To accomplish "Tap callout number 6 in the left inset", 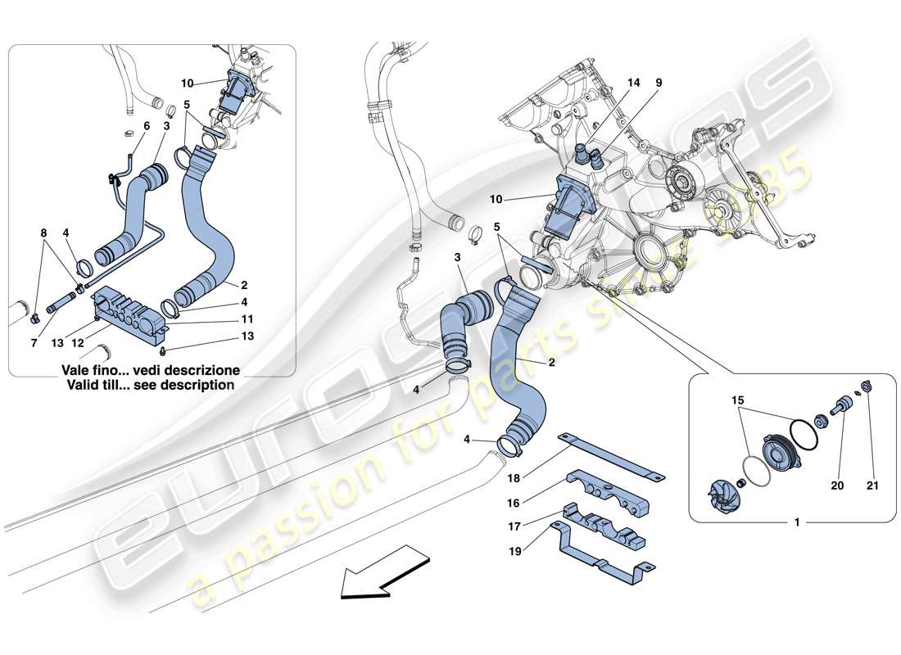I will pos(146,126).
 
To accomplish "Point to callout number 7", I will pos(34,344).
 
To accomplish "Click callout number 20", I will pos(837,486).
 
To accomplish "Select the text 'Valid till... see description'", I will pos(152,384).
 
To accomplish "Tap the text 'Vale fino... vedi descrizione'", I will pos(152,369).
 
